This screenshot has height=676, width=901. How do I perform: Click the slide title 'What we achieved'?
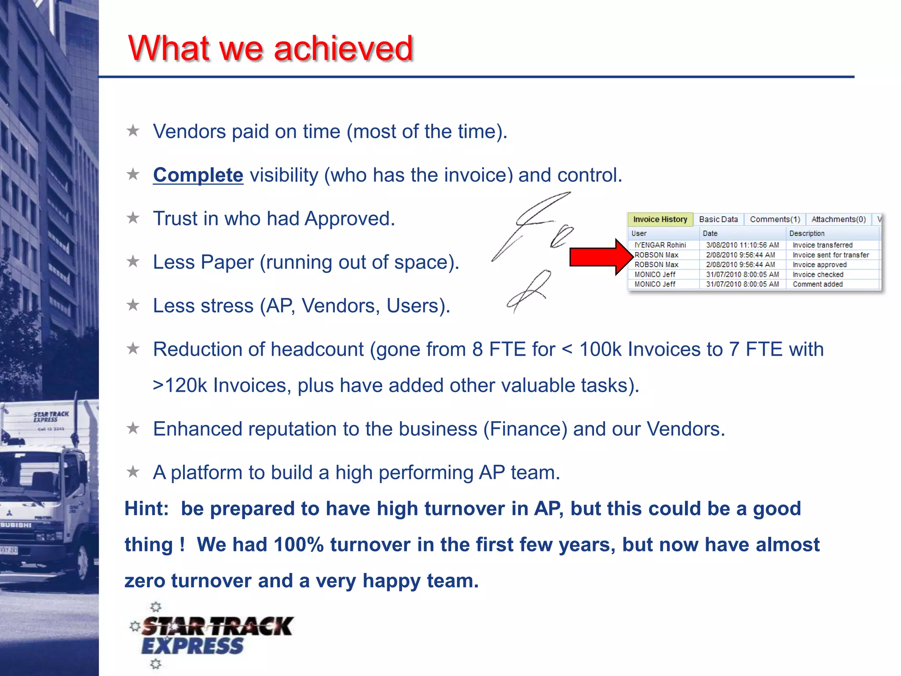click(270, 48)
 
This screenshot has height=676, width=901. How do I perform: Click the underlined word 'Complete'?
click(198, 175)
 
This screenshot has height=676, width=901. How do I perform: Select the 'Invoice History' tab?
click(660, 219)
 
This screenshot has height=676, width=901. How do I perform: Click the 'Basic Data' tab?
click(718, 219)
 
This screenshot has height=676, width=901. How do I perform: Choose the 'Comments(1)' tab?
click(775, 219)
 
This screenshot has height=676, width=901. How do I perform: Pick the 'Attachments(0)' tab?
click(838, 219)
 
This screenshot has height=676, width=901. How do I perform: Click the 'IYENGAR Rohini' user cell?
click(660, 245)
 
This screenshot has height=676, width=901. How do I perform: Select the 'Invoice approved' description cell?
click(819, 265)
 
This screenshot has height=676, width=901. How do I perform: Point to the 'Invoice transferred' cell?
click(822, 245)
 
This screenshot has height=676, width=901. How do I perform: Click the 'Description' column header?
click(806, 233)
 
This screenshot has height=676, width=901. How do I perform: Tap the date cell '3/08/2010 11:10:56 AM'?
click(742, 245)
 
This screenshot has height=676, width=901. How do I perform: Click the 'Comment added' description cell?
click(817, 284)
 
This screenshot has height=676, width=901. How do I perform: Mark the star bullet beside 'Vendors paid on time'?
click(133, 131)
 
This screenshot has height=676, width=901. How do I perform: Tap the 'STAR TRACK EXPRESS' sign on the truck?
click(51, 417)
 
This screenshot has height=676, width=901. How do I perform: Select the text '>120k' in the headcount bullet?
click(179, 386)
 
